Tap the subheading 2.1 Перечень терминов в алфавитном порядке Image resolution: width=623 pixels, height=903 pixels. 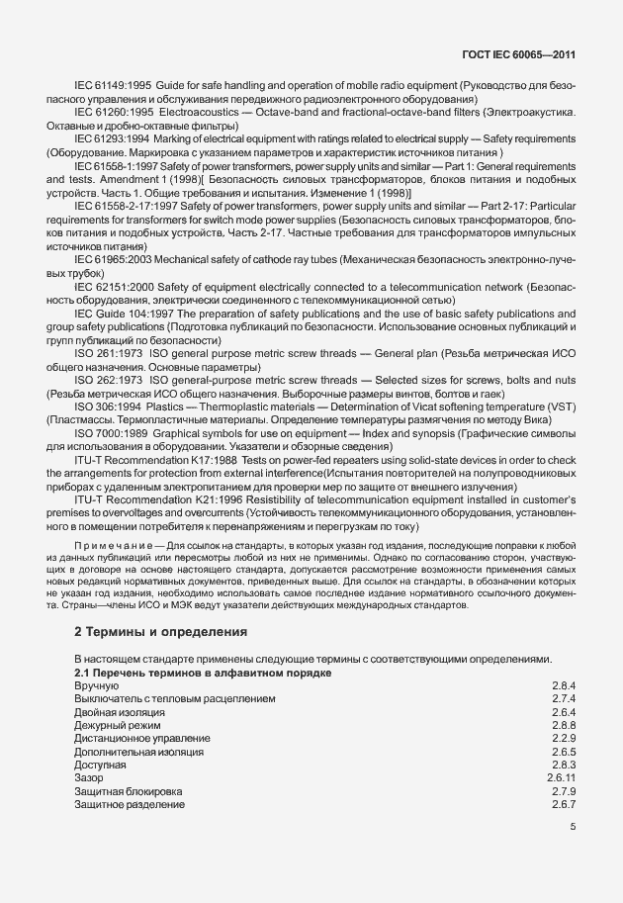click(x=202, y=673)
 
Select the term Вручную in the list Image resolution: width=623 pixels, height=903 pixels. click(x=96, y=685)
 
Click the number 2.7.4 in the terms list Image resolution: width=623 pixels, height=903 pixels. click(x=564, y=698)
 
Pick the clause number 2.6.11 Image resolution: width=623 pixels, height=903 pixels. click(x=561, y=779)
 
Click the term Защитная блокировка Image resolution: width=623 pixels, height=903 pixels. click(x=128, y=792)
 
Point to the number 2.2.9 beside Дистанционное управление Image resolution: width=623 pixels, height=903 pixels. click(x=564, y=739)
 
